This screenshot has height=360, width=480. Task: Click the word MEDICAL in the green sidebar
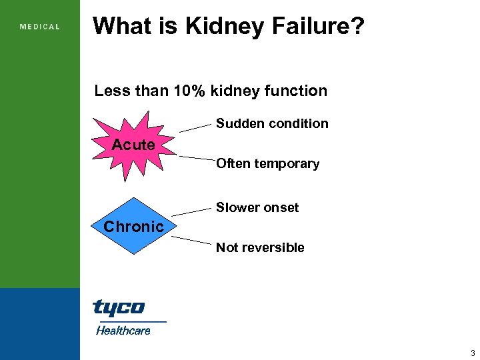tap(40, 27)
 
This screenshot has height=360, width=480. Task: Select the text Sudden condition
tap(272, 123)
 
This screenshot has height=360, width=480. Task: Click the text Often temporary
tap(267, 163)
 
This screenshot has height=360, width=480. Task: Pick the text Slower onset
tap(257, 207)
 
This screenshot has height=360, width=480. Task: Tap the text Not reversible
tap(260, 247)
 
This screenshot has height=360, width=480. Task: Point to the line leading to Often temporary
tap(196, 159)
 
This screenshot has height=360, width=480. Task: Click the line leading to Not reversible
tap(194, 241)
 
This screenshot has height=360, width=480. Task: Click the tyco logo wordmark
tap(118, 307)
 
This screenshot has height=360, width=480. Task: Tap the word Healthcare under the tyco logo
tap(123, 330)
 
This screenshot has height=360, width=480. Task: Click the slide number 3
tap(473, 353)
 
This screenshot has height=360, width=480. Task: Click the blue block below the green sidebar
tap(40, 324)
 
